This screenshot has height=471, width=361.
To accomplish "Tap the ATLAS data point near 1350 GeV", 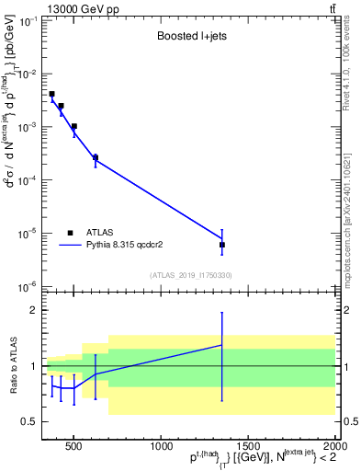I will coord(222,245).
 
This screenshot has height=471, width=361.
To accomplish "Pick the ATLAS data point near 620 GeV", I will coord(96,157).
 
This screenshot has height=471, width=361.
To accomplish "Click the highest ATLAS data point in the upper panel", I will coord(52,94).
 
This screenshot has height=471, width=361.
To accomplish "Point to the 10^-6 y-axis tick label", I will coord(28,286).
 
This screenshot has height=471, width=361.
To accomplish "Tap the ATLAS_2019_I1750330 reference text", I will coord(191,275).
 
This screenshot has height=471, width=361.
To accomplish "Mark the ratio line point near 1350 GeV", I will coord(222,345).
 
